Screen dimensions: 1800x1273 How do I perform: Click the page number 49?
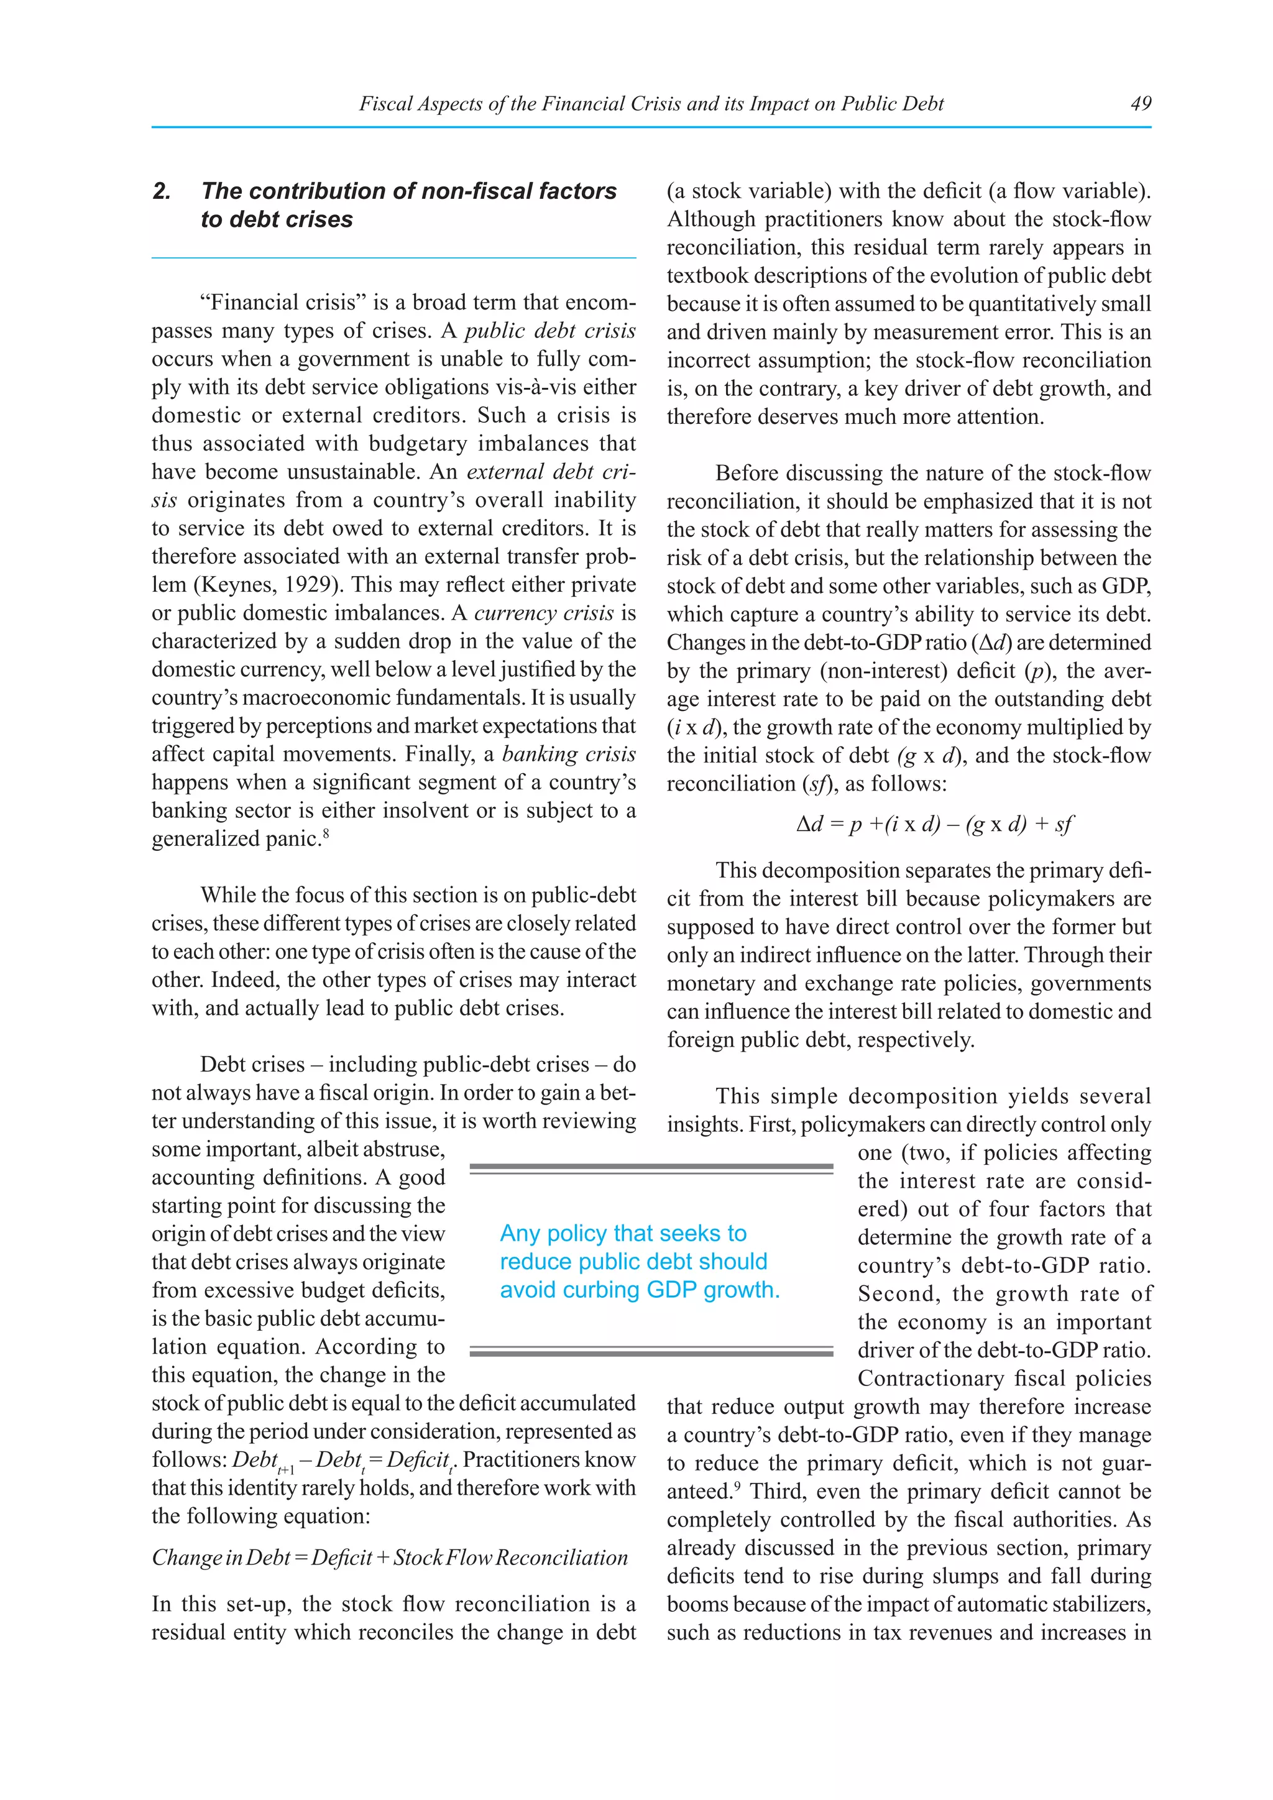[1141, 103]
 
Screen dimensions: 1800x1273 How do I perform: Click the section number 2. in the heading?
[162, 191]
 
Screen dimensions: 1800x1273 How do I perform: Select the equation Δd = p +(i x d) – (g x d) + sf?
[934, 824]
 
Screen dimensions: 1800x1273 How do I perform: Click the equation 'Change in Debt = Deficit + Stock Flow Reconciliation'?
[390, 1557]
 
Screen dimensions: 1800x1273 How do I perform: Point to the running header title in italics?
[651, 103]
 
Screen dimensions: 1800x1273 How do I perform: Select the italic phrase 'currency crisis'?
[544, 613]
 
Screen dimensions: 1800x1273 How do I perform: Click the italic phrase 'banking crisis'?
[568, 754]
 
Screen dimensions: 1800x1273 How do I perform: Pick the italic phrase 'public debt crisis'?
[549, 331]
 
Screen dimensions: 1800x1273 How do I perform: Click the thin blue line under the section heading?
[393, 258]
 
